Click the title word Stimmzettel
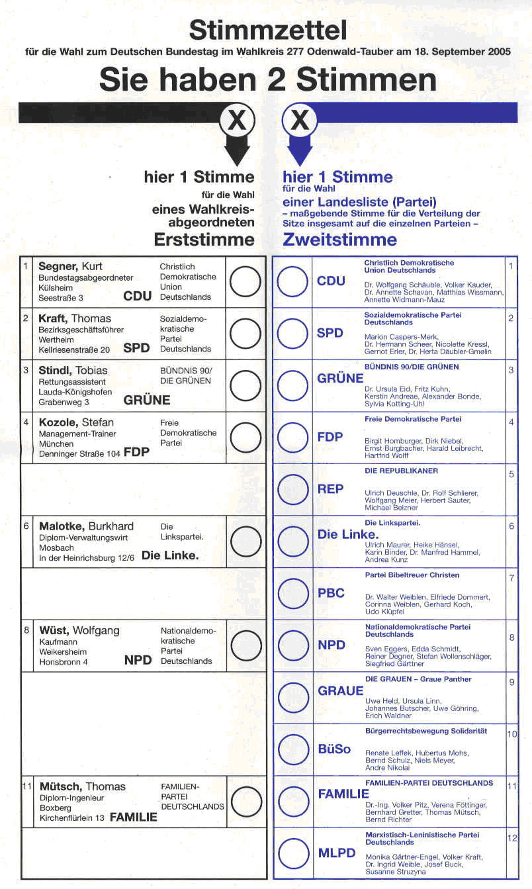tap(267, 30)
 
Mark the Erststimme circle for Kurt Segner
tap(245, 282)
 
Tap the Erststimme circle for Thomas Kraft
tap(245, 334)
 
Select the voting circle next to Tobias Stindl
tap(245, 386)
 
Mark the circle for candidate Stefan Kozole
tap(245, 438)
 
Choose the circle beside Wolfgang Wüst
tap(245, 645)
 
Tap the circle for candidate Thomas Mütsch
tap(245, 802)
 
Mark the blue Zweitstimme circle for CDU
tap(292, 282)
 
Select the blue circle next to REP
tap(292, 490)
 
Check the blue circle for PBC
tap(292, 594)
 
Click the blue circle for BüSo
tap(292, 750)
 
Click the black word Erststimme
tap(204, 239)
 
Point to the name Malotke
tap(61, 526)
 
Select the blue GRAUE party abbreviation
tap(341, 691)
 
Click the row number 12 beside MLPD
tap(512, 838)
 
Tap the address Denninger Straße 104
tap(80, 453)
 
